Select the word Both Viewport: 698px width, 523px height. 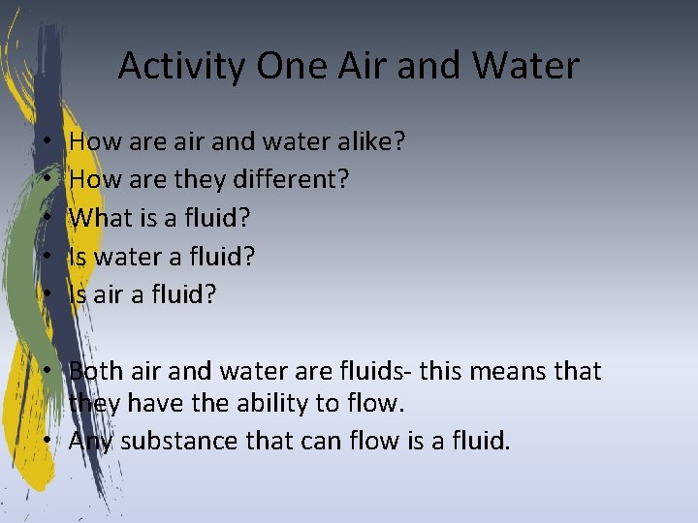[x=97, y=371]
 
